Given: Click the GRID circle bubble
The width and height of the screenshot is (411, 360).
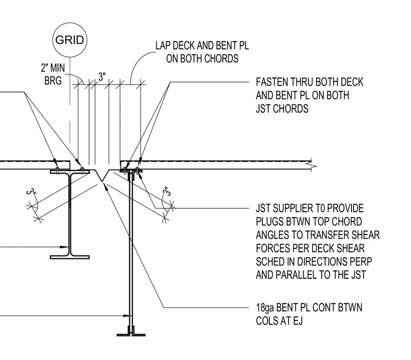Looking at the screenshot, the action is (x=70, y=40).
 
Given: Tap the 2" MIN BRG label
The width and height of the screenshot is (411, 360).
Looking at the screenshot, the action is (x=53, y=74).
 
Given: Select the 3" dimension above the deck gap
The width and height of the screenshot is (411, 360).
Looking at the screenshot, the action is (x=102, y=77).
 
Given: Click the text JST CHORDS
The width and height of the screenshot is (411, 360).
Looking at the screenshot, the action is (x=282, y=109).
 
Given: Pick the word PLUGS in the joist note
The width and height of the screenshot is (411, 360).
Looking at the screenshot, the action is (x=269, y=222).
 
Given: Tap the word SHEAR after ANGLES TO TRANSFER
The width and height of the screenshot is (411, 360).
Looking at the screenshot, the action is (x=366, y=235).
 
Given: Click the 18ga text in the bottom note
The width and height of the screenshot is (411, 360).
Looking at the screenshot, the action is (x=265, y=308).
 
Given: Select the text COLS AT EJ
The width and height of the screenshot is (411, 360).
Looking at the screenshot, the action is (x=279, y=321).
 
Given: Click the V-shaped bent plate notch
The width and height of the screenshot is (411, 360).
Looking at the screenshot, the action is (x=102, y=175).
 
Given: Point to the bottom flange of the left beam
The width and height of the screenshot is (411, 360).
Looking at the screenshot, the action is (x=70, y=257).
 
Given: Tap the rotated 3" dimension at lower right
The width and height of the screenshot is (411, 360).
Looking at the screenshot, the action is (x=167, y=191).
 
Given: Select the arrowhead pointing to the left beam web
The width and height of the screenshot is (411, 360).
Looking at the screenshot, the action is (x=64, y=247).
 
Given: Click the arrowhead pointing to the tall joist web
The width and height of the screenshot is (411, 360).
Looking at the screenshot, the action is (x=127, y=316).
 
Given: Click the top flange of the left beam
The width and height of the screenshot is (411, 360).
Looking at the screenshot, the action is (x=70, y=172).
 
